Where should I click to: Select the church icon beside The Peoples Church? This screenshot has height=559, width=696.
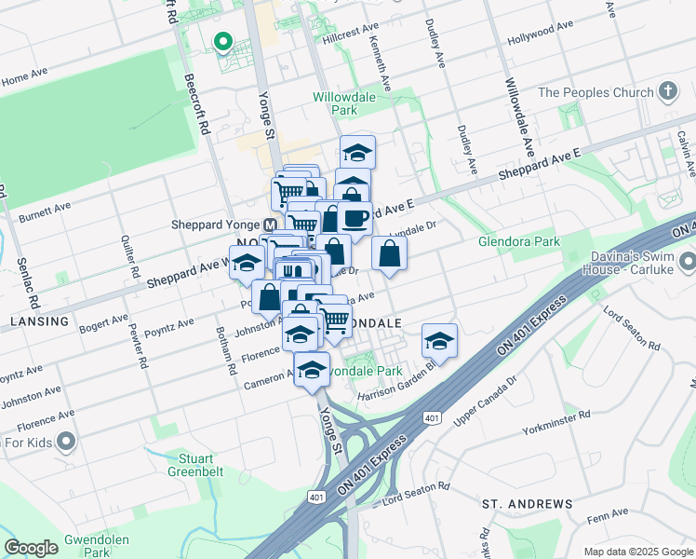tap(666, 91)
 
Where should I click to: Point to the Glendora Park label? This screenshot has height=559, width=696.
tap(519, 241)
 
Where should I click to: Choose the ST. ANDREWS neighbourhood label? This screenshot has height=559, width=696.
tap(527, 504)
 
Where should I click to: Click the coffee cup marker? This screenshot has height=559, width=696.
tap(355, 218)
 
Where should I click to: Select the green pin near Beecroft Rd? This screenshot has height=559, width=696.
tap(222, 42)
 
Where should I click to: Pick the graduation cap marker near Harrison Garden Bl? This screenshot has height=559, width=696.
tap(439, 341)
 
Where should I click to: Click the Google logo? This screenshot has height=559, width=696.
tap(31, 548)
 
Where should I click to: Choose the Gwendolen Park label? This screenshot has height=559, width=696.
tap(88, 546)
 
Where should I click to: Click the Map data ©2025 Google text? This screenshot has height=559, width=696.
tap(637, 552)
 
